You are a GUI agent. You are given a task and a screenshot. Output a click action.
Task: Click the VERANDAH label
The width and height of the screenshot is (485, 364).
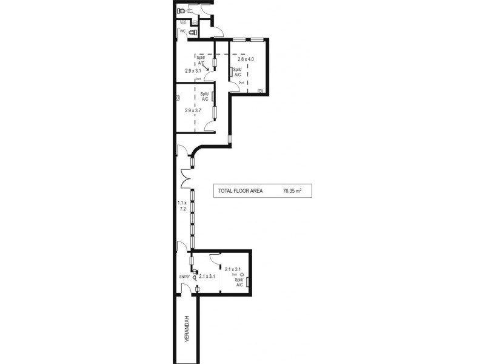(188, 329)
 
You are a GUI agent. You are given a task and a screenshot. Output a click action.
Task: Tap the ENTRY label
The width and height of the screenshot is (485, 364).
(184, 277)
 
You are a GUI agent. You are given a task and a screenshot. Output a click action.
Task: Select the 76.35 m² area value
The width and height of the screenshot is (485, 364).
(292, 190)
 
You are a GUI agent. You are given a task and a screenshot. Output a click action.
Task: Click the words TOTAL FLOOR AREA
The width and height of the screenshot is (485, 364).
(240, 190)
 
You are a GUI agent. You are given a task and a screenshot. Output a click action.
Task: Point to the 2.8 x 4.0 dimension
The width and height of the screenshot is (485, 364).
(246, 59)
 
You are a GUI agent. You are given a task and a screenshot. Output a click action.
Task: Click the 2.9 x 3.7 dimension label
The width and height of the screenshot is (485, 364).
(193, 111)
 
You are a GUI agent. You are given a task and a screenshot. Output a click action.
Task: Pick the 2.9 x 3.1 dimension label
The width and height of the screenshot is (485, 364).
(193, 70)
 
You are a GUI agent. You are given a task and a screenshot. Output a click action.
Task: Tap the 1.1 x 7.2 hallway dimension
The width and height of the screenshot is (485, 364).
(181, 205)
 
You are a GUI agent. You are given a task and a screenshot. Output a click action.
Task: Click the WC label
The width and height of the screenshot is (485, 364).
(181, 31)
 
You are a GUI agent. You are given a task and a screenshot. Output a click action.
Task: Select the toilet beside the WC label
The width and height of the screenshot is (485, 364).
(193, 32)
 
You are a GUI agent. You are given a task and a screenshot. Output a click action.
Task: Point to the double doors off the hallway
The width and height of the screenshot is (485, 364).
(187, 178)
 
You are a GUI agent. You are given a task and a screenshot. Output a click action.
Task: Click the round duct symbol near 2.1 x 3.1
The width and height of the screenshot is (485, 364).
(242, 275)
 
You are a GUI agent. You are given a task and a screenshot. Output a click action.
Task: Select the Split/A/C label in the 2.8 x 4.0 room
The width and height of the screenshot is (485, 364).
(238, 72)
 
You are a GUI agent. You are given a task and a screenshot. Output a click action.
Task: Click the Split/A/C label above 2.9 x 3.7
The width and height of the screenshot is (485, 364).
(204, 96)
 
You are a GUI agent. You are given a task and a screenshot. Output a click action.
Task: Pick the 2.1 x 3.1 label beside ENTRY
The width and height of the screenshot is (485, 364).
(207, 276)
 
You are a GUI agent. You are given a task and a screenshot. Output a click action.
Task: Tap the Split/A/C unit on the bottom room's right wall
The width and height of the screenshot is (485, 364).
(249, 280)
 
